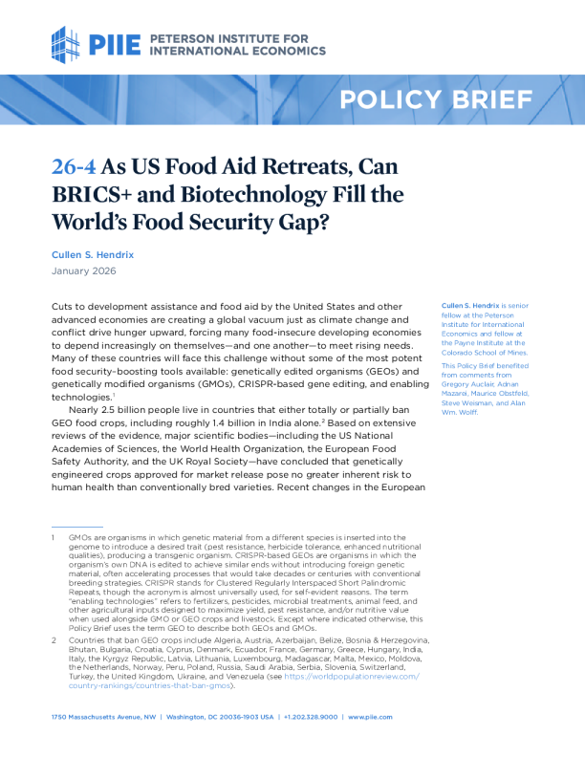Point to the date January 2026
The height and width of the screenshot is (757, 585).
83,271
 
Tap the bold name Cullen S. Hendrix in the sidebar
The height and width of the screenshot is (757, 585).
472,305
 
